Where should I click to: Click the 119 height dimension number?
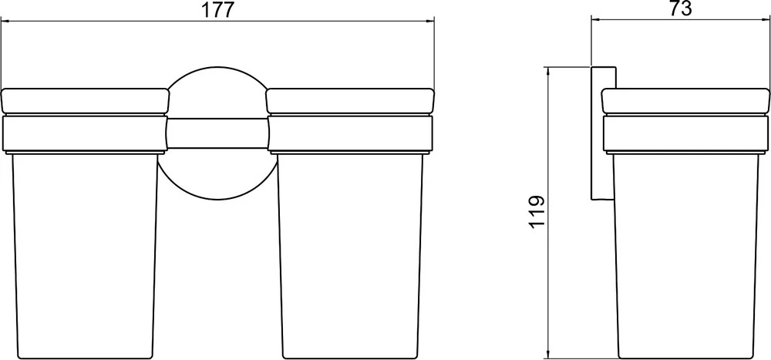(x=537, y=211)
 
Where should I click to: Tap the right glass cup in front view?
(x=350, y=256)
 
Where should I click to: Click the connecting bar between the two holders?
(x=218, y=133)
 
